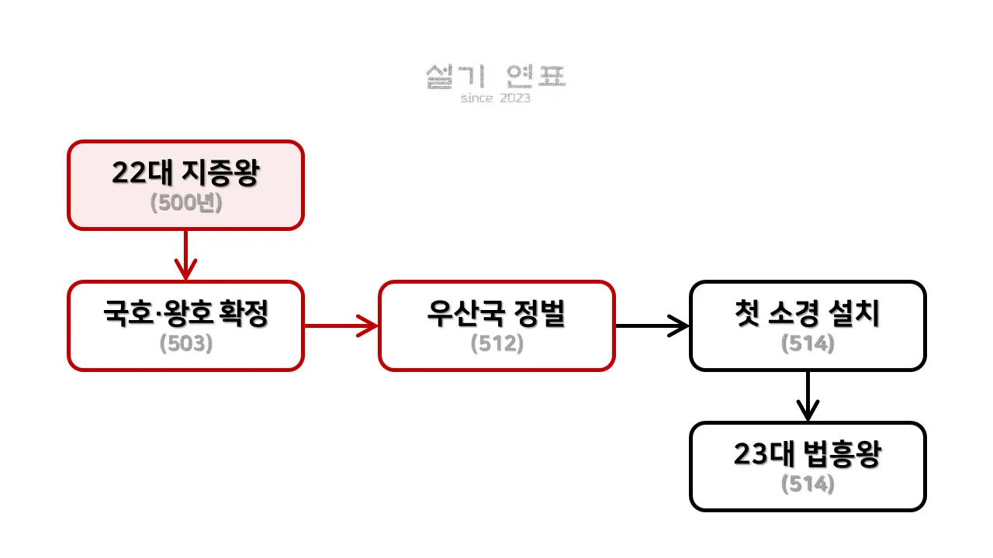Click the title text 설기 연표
click(x=496, y=76)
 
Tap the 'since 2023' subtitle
click(x=496, y=98)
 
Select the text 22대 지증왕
click(x=185, y=173)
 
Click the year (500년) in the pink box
click(x=185, y=202)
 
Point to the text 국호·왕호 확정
click(x=185, y=314)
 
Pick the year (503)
click(x=185, y=343)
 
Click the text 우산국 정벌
click(x=496, y=314)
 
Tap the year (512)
click(x=496, y=343)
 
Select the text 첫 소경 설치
click(x=808, y=314)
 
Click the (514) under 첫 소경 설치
click(x=808, y=343)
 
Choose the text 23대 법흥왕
click(x=808, y=455)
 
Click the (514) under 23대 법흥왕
click(x=808, y=484)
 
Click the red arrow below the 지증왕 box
click(x=185, y=255)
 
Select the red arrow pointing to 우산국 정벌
click(x=341, y=325)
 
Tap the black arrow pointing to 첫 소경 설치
click(x=652, y=325)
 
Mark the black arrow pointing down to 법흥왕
click(x=808, y=396)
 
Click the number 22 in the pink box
click(x=127, y=174)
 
